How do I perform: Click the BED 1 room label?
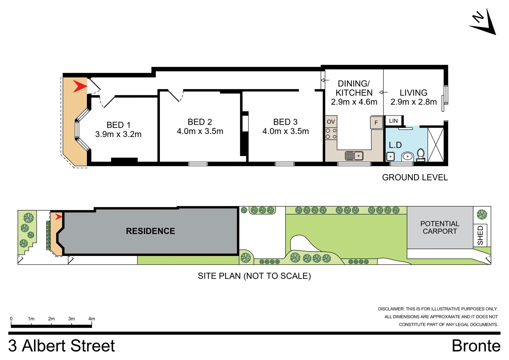(x=118, y=125)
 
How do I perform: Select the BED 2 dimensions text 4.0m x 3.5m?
(x=200, y=131)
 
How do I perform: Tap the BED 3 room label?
(x=285, y=122)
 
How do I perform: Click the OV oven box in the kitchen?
(x=331, y=122)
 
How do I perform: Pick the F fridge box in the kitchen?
(x=376, y=123)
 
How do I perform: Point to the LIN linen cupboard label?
(x=393, y=121)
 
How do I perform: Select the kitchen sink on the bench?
(x=354, y=156)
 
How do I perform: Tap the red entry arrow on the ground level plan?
(x=80, y=86)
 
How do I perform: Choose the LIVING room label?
(x=413, y=93)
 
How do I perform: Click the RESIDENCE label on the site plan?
(x=150, y=231)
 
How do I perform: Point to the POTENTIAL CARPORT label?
(x=440, y=227)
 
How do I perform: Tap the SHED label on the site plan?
(x=480, y=235)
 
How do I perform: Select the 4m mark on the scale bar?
(x=92, y=319)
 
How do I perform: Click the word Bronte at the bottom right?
(x=476, y=346)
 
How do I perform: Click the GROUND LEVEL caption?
(x=415, y=177)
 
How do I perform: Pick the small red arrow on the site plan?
(x=59, y=217)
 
